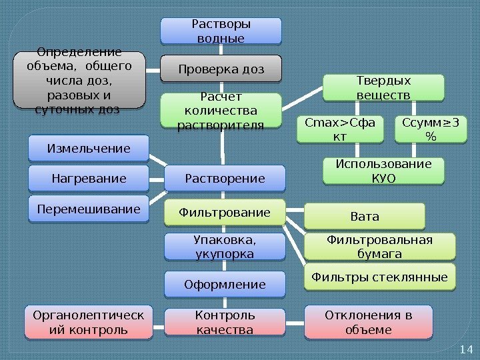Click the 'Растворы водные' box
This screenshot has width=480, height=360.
[x=221, y=31]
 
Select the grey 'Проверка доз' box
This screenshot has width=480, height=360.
[x=221, y=69]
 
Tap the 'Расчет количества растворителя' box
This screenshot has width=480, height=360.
[x=221, y=110]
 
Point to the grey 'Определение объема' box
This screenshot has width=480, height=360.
[x=79, y=80]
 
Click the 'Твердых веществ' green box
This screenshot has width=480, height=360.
[x=383, y=87]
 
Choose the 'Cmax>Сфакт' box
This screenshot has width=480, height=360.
[x=339, y=129]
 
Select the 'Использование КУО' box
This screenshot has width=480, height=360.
[x=383, y=171]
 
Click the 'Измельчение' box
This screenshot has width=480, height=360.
[x=89, y=148]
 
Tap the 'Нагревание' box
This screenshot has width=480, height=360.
[x=89, y=178]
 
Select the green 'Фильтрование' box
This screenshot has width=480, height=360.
[x=225, y=213]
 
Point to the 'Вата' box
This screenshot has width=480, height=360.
[x=364, y=216]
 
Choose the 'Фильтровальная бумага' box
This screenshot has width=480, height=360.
[x=379, y=246]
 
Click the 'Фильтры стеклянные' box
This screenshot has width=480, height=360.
[x=379, y=276]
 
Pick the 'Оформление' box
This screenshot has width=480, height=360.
[x=225, y=285]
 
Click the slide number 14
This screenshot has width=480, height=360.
[x=465, y=349]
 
